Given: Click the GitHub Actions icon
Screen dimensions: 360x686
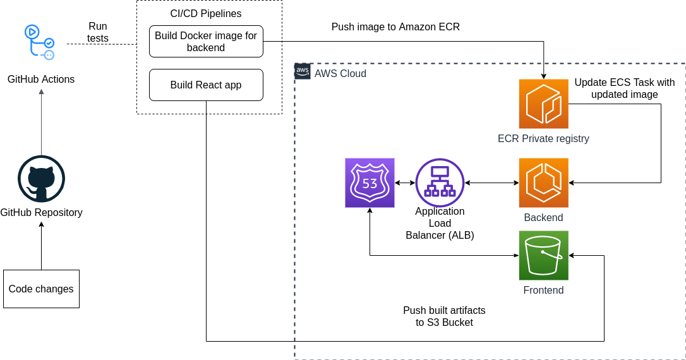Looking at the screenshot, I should [39, 42].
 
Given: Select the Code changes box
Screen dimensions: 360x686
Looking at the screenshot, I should [41, 289].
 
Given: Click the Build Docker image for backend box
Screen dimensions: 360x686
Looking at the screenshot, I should [206, 42].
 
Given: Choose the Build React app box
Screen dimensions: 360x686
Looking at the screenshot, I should [206, 85].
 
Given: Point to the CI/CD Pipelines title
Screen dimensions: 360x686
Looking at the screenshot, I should [206, 13].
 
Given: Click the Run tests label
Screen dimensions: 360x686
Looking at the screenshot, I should [97, 32].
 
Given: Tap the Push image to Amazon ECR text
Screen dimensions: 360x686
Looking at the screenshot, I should [395, 27].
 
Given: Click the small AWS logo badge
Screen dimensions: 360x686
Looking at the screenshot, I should [303, 71].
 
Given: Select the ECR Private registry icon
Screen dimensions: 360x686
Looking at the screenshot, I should [543, 104].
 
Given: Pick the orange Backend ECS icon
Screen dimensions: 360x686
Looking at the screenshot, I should [543, 183].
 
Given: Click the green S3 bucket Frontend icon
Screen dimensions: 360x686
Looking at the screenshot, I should [543, 255].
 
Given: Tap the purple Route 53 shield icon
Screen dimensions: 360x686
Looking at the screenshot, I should [370, 183].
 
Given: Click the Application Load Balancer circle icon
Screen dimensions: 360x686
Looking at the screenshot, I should [440, 183].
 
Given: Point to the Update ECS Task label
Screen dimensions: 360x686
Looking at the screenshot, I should [624, 88].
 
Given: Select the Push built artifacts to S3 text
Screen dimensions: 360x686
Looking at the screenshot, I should [444, 316].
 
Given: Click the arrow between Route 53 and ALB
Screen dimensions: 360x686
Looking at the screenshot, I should [405, 183].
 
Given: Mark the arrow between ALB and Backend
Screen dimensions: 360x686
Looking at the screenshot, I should [491, 183].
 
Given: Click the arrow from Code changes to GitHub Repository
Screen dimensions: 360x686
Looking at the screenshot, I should [41, 246].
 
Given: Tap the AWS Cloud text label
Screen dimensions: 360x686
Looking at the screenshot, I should [340, 73].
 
